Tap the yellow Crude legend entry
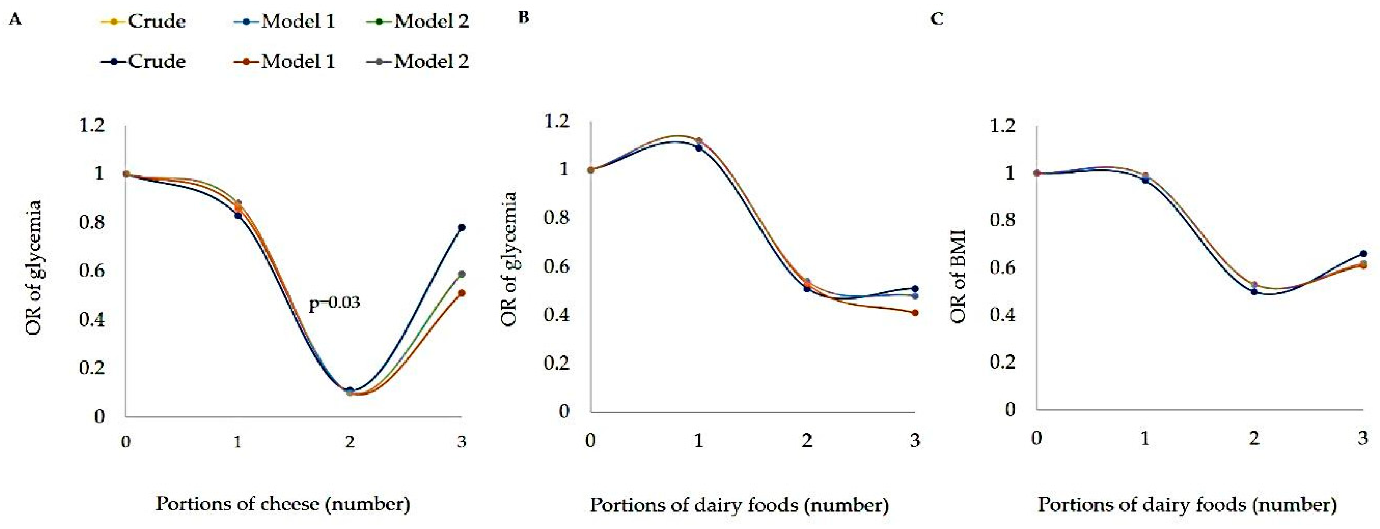144,21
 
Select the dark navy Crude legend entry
144,61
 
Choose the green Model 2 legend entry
418,21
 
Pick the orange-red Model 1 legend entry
284,61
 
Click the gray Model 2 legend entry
418,61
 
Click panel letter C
937,19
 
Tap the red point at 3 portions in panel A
462,293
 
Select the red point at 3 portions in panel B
915,313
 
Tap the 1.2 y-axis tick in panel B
557,121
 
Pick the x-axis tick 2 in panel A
349,442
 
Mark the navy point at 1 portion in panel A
238,215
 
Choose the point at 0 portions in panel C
1037,173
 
